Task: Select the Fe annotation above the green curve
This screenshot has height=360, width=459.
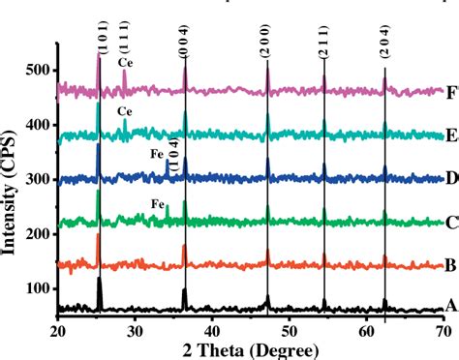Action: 157,204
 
